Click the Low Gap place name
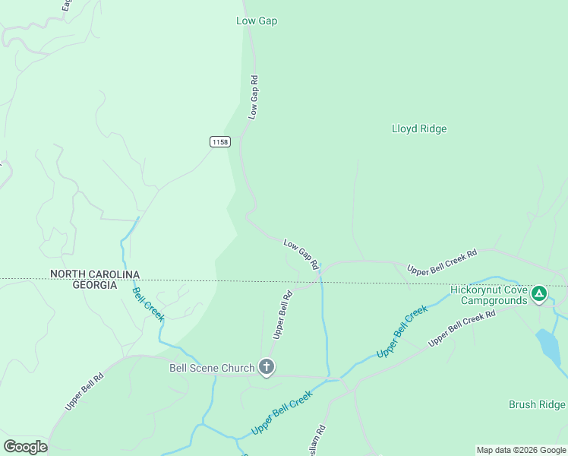pyautogui.click(x=257, y=21)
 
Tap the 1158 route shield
pyautogui.click(x=220, y=142)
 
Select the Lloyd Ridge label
pyautogui.click(x=419, y=128)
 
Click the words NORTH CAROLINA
pyautogui.click(x=95, y=274)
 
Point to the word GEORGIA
pyautogui.click(x=95, y=285)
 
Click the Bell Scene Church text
pyautogui.click(x=211, y=368)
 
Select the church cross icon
pyautogui.click(x=267, y=368)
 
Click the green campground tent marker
pyautogui.click(x=538, y=293)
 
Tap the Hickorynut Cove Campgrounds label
pyautogui.click(x=488, y=295)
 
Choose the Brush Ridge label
pyautogui.click(x=537, y=404)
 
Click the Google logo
pyautogui.click(x=25, y=446)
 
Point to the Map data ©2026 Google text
pyautogui.click(x=521, y=450)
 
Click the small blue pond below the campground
pyautogui.click(x=550, y=346)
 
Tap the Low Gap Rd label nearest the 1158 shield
pyautogui.click(x=254, y=97)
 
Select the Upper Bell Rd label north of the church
pyautogui.click(x=282, y=315)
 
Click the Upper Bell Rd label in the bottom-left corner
pyautogui.click(x=84, y=392)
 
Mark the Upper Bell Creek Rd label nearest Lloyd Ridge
pyautogui.click(x=442, y=261)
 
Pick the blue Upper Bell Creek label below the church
pyautogui.click(x=282, y=413)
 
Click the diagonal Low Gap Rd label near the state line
pyautogui.click(x=301, y=254)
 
